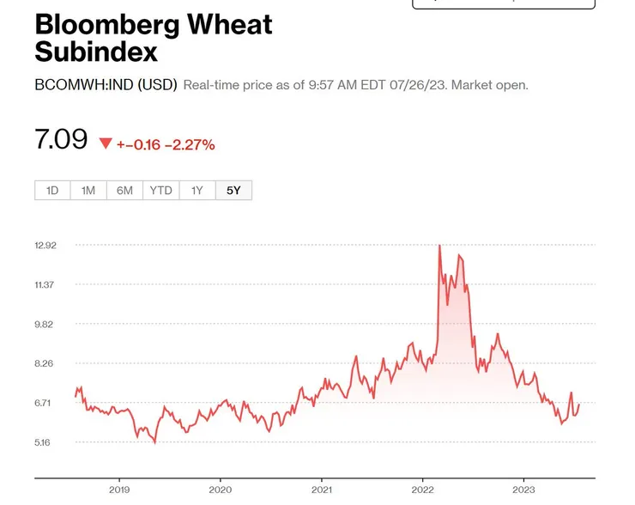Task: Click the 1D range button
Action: click(x=52, y=190)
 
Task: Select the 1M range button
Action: click(x=88, y=190)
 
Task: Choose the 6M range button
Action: click(x=124, y=190)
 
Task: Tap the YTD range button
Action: click(x=160, y=190)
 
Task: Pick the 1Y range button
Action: click(x=197, y=190)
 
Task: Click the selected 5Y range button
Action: click(x=233, y=190)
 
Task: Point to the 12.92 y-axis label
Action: click(x=45, y=246)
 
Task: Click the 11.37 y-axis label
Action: click(x=45, y=285)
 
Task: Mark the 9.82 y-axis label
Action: click(x=45, y=325)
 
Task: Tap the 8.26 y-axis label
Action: click(x=45, y=364)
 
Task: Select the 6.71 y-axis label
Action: click(x=45, y=404)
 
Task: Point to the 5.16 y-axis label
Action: click(x=45, y=443)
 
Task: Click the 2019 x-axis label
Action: click(x=119, y=490)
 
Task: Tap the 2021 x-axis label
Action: click(x=322, y=490)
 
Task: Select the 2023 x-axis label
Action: click(x=524, y=490)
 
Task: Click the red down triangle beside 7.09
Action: click(x=106, y=143)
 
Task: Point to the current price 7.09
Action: click(x=61, y=139)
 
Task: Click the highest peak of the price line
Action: click(x=439, y=246)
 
